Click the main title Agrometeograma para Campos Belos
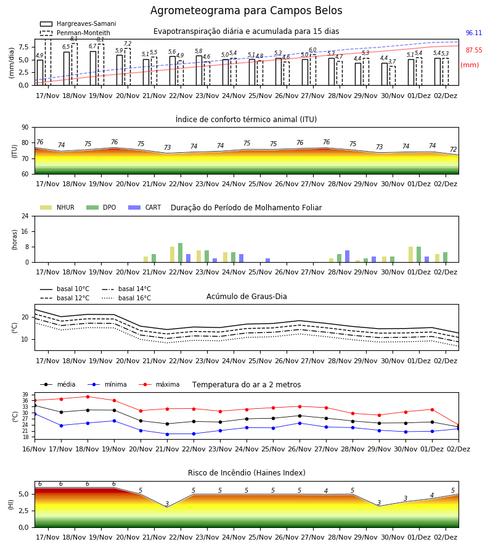coord(246,10)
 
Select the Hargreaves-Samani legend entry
coord(78,23)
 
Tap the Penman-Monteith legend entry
coord(75,33)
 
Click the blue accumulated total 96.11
coord(474,33)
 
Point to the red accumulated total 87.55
coord(474,51)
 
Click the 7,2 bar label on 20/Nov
coord(128,44)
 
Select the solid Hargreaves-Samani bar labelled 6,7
coord(93,68)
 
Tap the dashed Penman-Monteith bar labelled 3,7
coord(392,76)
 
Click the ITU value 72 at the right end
coord(454,149)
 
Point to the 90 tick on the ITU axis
coord(25,128)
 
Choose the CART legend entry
coord(145,207)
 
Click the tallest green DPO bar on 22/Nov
coord(181,253)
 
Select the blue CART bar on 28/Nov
coord(348,257)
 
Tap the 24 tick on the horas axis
coord(25,216)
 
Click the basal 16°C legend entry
coord(126,298)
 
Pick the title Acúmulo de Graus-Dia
coord(246,297)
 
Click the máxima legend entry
coord(160,384)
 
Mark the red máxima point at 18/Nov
coord(88,397)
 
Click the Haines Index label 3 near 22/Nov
coord(167,504)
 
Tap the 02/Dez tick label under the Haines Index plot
coord(446,537)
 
